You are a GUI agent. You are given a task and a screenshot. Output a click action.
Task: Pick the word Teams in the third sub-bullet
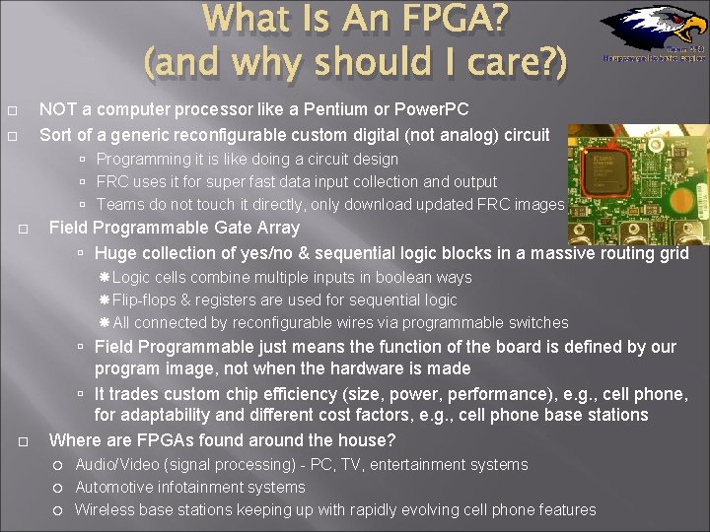point(120,204)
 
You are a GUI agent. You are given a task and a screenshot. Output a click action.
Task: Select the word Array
point(277,228)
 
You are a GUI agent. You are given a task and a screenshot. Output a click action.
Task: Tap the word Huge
point(115,253)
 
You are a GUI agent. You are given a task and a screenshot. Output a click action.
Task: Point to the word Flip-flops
point(147,299)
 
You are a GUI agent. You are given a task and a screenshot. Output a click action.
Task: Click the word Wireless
point(106,509)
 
